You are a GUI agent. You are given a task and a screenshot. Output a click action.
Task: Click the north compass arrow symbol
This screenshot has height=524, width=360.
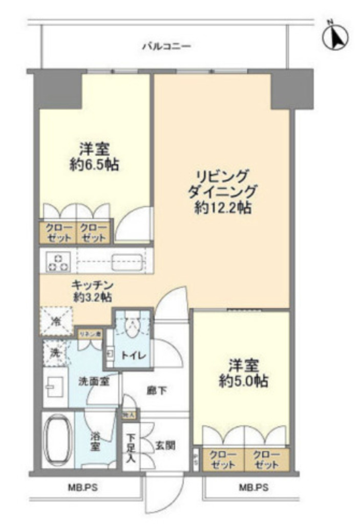(337, 36)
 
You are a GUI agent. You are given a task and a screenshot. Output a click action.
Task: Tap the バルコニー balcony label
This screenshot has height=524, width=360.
(166, 47)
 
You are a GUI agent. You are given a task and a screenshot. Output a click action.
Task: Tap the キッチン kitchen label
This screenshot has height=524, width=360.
(92, 286)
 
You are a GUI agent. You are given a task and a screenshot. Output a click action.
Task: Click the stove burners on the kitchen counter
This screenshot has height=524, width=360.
(57, 263)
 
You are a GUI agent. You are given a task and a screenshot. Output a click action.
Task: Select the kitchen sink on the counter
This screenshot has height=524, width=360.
(126, 263)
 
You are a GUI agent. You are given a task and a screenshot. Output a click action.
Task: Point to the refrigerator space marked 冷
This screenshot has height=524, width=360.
(56, 322)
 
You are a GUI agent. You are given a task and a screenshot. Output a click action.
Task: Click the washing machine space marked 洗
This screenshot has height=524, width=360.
(54, 353)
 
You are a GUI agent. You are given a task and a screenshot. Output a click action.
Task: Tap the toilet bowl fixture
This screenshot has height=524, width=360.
(132, 327)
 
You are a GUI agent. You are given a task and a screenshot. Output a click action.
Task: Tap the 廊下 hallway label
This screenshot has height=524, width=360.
(156, 390)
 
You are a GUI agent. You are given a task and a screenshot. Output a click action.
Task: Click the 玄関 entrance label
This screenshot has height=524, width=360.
(165, 445)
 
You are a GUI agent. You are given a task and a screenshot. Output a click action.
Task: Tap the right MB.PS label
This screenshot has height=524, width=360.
(253, 488)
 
